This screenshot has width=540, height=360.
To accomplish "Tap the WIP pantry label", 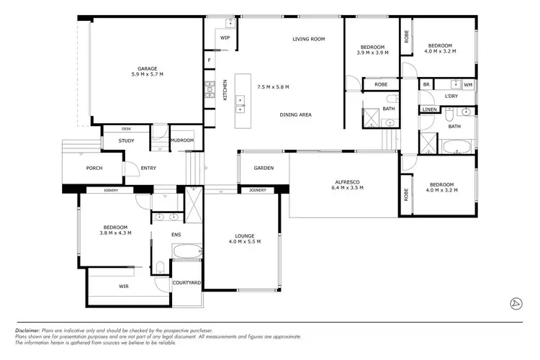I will [x=225, y=37].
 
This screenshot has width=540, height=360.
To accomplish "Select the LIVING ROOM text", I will [x=309, y=39].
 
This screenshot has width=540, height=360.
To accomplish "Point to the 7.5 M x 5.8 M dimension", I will [x=273, y=87].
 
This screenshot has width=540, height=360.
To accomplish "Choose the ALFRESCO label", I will [x=348, y=183].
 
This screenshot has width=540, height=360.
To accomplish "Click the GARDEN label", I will [x=264, y=168].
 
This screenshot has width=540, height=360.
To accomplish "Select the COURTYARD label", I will [x=186, y=283].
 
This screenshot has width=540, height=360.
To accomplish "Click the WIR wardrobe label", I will [x=124, y=286].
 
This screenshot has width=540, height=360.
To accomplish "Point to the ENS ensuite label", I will [x=176, y=234].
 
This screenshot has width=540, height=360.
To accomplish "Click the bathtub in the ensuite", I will [x=186, y=253].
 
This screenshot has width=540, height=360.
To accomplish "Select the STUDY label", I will [x=127, y=140].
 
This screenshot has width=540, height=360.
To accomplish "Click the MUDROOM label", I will [x=182, y=140].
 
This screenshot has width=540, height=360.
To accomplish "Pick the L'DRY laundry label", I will [x=451, y=96].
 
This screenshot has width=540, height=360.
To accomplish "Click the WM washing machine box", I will [x=468, y=85].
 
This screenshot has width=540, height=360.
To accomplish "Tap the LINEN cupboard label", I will [x=429, y=109].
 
